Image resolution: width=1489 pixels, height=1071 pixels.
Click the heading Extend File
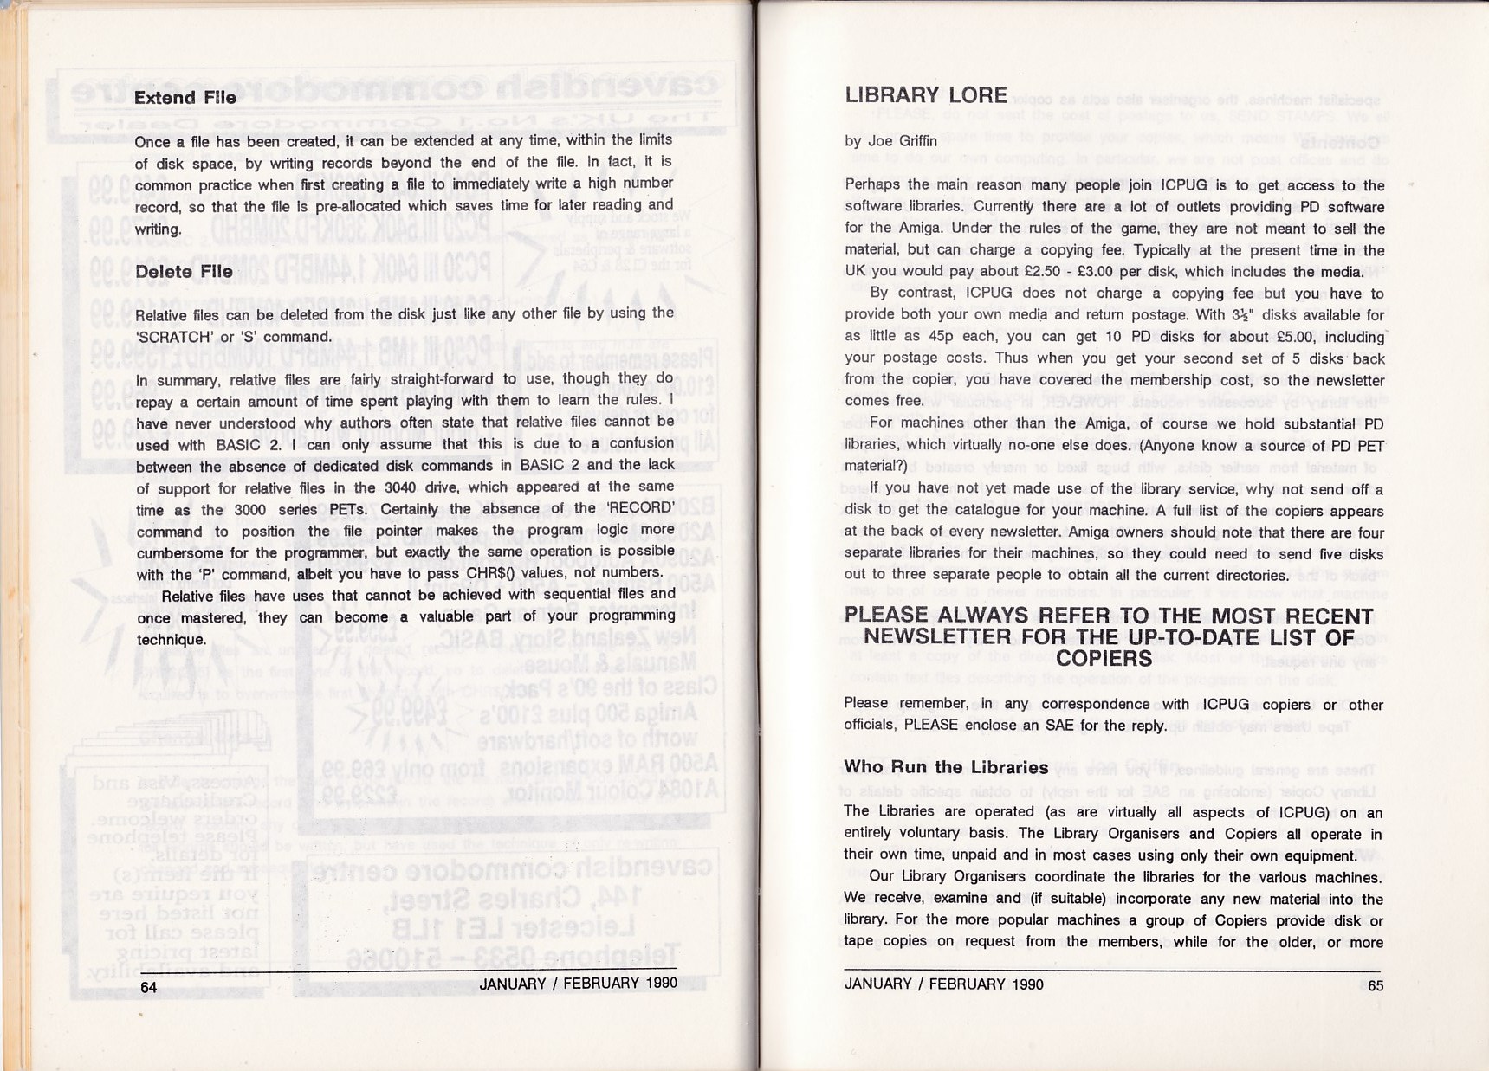tap(185, 98)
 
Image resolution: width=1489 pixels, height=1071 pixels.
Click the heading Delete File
tap(184, 272)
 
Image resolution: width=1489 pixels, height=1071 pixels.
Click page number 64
tap(149, 987)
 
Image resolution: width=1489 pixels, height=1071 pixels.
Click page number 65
tap(1375, 985)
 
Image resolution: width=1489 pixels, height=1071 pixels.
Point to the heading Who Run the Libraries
tap(946, 767)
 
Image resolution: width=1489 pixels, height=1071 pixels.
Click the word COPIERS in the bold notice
tap(1104, 659)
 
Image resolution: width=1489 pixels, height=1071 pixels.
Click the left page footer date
tap(578, 984)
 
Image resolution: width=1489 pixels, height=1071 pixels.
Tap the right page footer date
tap(943, 984)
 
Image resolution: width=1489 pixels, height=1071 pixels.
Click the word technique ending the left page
tap(171, 640)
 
